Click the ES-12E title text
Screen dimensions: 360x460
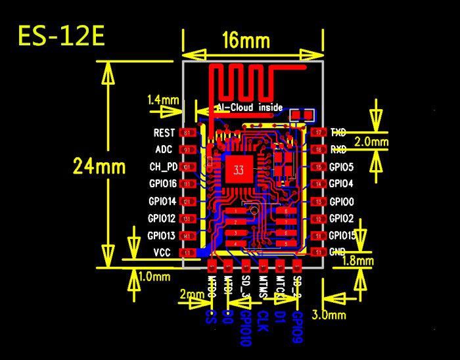60,36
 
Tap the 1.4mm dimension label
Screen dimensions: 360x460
163,100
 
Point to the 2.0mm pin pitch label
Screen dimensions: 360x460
371,141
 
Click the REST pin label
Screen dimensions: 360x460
164,133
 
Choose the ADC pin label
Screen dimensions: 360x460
164,150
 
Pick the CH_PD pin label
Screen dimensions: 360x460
163,167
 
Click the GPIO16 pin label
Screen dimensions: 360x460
162,184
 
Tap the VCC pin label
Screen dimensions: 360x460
163,252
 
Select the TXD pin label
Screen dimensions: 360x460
338,133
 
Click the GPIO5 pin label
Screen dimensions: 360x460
341,167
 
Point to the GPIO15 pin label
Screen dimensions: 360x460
342,235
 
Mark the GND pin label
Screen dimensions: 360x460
338,252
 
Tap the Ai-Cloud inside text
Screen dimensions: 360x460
249,107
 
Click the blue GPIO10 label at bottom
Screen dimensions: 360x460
244,328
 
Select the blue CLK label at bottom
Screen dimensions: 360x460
262,322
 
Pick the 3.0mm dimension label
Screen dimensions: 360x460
329,315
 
